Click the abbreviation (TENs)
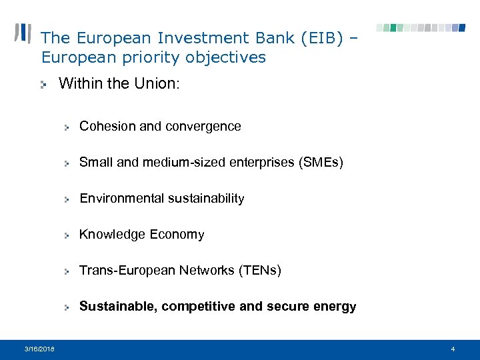point(256,270)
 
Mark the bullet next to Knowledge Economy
point(67,235)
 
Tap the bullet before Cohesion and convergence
point(67,127)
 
